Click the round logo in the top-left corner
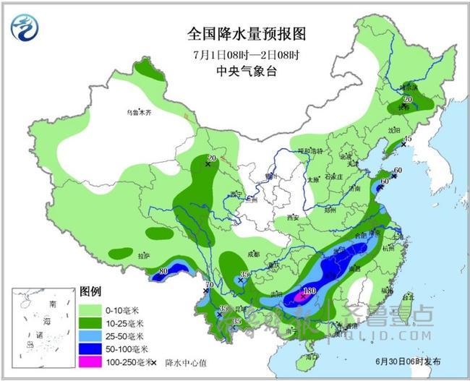point(26,27)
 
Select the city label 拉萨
point(143,255)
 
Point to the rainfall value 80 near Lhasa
point(163,271)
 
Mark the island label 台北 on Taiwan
point(406,295)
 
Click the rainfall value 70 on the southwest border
point(210,286)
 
